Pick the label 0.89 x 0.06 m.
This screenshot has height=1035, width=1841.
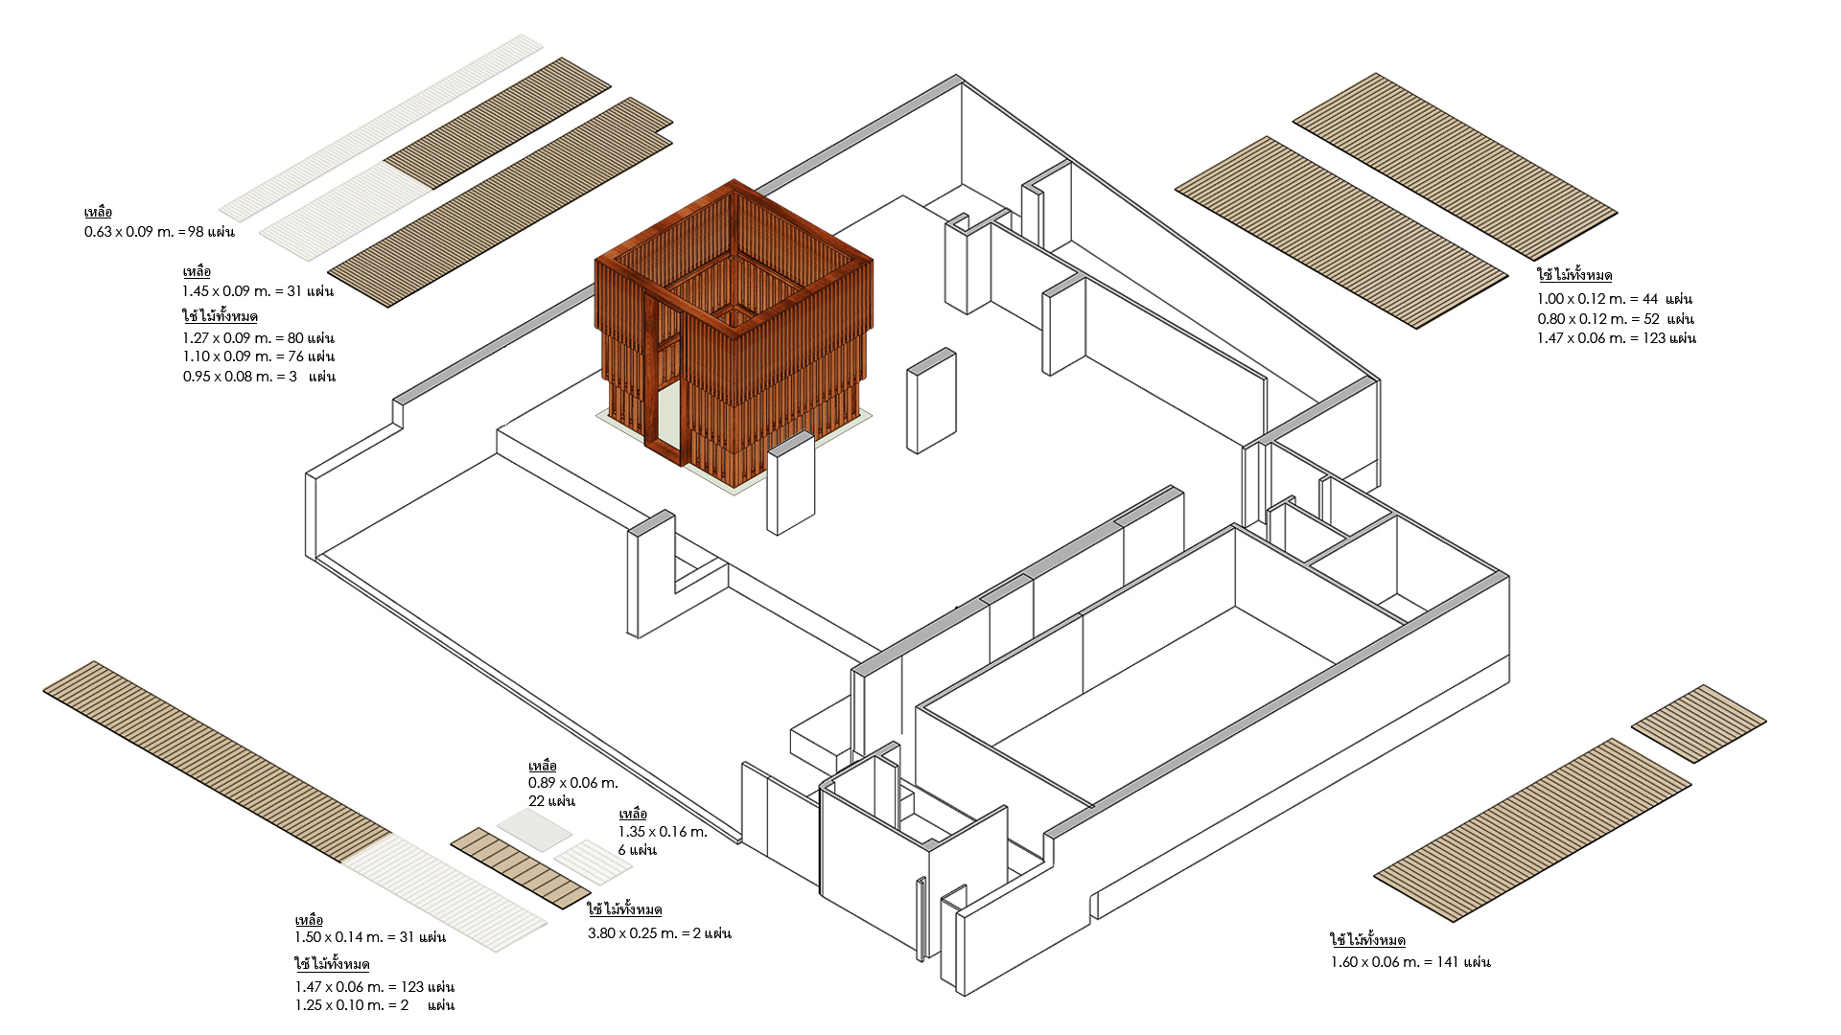click(572, 783)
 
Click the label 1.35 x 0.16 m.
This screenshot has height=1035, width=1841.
click(663, 832)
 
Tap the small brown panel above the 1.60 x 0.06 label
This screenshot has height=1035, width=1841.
click(1698, 724)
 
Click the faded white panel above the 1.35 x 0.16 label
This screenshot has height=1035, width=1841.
click(594, 861)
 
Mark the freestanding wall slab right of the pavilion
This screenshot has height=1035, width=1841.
click(931, 401)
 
